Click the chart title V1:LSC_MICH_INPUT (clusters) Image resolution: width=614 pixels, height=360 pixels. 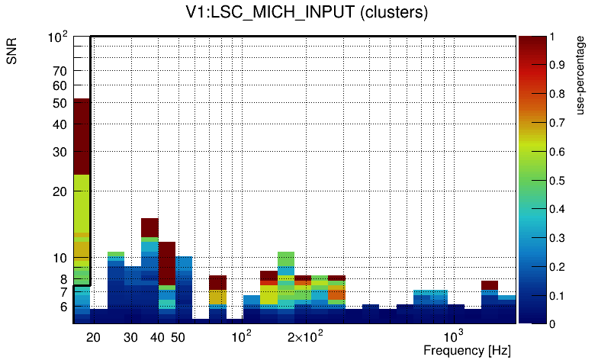coord(307,13)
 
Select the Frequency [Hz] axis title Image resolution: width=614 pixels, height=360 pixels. coord(467,350)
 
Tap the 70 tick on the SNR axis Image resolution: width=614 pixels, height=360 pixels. coord(60,72)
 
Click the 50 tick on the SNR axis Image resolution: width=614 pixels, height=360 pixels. coord(60,103)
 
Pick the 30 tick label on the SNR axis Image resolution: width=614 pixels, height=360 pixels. coord(60,152)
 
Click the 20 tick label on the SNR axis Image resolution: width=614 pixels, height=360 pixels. coord(60,192)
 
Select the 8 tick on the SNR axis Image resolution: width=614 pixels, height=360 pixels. coord(63,279)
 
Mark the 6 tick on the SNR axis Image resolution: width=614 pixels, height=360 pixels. coord(63,307)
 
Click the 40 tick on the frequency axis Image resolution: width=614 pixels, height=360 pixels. coord(157,337)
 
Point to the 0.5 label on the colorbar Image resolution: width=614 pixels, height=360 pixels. coord(558,180)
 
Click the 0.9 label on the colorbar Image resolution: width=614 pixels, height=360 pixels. coord(558,65)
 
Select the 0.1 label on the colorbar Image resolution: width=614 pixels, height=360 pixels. coord(558,295)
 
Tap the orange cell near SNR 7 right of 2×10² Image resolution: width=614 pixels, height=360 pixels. coord(336,293)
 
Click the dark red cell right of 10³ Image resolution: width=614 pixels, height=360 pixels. coord(490,285)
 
